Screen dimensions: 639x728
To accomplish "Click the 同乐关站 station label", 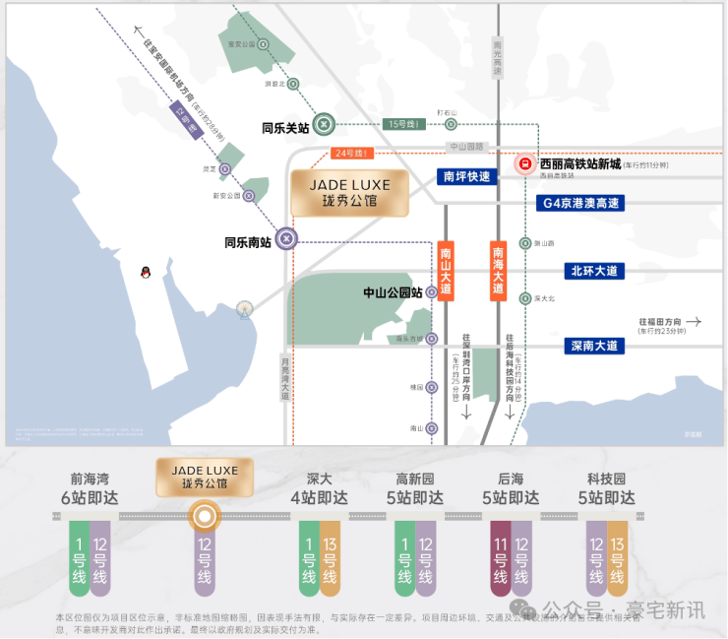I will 285,127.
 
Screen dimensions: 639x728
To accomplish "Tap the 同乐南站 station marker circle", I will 285,237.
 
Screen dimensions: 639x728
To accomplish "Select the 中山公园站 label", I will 393,292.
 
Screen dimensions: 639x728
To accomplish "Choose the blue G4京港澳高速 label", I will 581,203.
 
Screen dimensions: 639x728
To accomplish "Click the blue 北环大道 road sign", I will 594,271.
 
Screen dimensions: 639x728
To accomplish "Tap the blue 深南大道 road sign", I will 595,346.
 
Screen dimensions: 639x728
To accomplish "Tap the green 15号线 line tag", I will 404,124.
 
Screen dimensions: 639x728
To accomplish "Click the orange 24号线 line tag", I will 350,154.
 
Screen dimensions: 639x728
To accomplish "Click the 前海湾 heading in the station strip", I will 90,479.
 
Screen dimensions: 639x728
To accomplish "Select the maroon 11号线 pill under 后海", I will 501,562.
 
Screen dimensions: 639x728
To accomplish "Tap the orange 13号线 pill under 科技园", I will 618,562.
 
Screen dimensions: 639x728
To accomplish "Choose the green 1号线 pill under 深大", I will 309,562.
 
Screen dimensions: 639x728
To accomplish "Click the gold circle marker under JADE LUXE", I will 204,515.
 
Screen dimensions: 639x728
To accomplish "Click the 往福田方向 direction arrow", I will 694,321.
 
